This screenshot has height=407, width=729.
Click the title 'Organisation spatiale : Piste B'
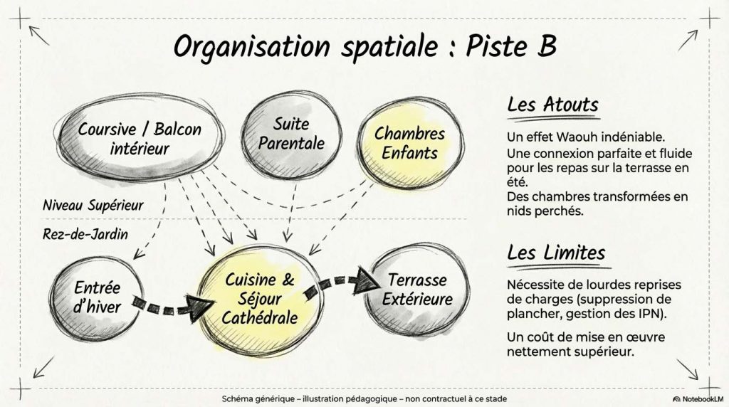(x=365, y=46)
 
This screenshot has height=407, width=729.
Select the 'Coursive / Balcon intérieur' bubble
(x=140, y=138)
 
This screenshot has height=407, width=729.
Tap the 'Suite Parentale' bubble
(x=291, y=134)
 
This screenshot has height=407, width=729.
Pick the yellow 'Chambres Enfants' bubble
(x=410, y=142)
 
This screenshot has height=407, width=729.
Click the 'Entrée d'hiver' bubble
(x=96, y=297)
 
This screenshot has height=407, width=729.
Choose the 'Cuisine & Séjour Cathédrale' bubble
(x=260, y=300)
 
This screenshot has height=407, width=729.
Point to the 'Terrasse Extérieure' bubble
(x=417, y=290)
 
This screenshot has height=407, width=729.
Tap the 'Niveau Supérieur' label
(x=93, y=206)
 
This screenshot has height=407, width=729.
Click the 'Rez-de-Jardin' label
(x=85, y=233)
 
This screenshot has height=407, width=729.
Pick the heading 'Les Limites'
(x=556, y=253)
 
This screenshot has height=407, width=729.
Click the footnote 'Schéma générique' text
(x=258, y=399)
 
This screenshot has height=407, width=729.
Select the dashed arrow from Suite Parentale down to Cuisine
(x=291, y=212)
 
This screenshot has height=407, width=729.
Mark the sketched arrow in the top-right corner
(x=688, y=41)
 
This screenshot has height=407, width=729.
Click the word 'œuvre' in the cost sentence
(x=648, y=337)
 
